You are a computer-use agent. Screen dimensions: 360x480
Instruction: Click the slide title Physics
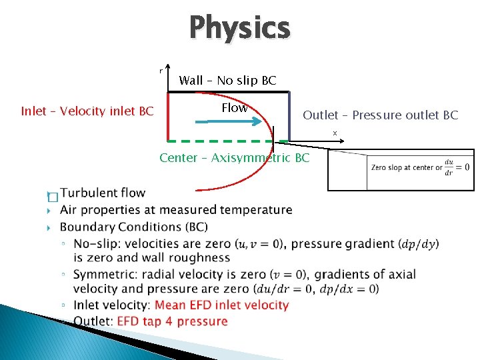(x=240, y=28)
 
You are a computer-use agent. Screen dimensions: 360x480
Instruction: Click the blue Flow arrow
(x=227, y=121)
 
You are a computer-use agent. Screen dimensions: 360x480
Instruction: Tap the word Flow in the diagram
(x=234, y=107)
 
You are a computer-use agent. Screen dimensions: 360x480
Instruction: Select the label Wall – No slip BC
(x=227, y=81)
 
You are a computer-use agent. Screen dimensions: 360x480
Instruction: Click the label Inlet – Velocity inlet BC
(x=87, y=111)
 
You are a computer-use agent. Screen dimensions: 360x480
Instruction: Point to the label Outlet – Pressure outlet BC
(x=381, y=115)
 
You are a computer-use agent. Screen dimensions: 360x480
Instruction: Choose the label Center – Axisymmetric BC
(x=235, y=158)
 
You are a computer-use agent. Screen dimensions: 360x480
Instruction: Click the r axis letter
(x=160, y=71)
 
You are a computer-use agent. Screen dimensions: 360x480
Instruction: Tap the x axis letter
(x=335, y=133)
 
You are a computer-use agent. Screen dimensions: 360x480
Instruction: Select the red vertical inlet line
(x=167, y=117)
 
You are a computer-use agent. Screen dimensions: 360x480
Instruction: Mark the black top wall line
(x=227, y=92)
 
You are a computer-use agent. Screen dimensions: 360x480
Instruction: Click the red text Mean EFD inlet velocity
(x=221, y=305)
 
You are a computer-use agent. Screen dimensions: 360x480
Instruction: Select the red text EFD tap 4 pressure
(x=172, y=321)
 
